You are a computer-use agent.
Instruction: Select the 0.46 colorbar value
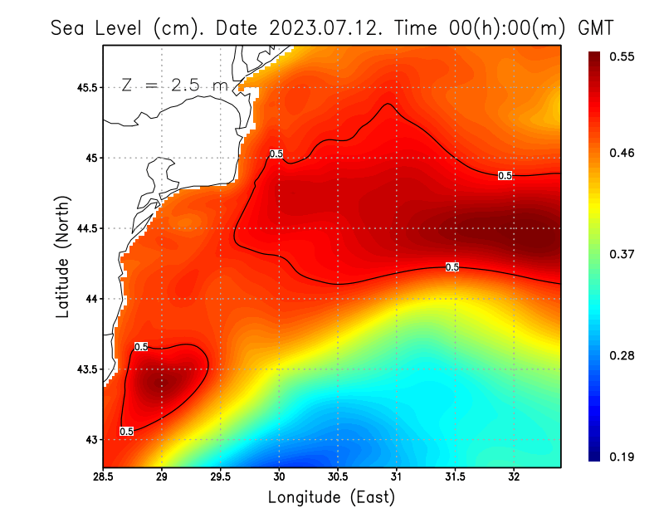point(622,154)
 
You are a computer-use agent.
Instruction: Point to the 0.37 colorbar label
point(622,254)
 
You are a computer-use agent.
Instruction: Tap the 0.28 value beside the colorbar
point(622,355)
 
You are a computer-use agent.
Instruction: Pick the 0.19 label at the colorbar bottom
point(622,457)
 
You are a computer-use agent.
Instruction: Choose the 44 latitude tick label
point(90,299)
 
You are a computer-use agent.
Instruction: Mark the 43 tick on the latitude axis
point(90,439)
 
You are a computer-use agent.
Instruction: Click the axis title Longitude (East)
point(331,497)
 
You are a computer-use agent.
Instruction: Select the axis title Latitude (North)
point(62,256)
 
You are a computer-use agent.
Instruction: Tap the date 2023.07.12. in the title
point(323,27)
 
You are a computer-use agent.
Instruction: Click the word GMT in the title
point(594,27)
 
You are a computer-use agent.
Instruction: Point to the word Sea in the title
point(69,27)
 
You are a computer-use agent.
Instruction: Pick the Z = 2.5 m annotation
point(173,85)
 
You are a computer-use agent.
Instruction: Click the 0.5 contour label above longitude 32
point(505,176)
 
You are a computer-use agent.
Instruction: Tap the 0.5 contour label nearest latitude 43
point(126,432)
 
